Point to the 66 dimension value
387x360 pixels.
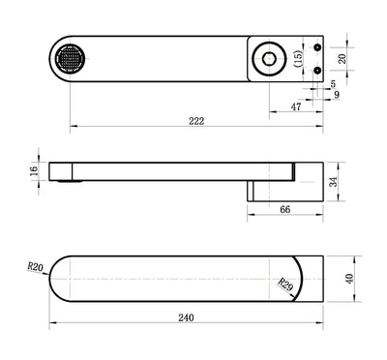(285, 209)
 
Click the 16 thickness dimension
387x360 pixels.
(33, 170)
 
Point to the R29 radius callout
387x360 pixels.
(285, 285)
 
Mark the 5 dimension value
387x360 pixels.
(333, 84)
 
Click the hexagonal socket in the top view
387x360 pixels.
(268, 59)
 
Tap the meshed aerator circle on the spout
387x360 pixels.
(72, 59)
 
